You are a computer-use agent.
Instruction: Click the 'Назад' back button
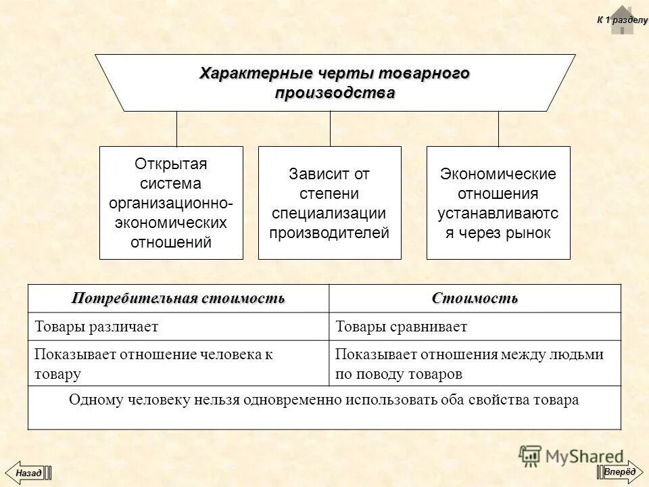point(28,471)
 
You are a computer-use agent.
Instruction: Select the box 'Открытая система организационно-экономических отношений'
point(171,203)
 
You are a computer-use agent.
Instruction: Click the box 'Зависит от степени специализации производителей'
point(329,203)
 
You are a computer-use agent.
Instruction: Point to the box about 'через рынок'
point(498,203)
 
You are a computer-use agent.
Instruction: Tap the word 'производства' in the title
point(335,93)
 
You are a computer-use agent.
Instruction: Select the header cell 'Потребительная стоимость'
point(178,298)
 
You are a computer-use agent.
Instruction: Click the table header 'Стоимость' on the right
point(475,298)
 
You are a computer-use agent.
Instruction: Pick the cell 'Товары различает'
point(178,327)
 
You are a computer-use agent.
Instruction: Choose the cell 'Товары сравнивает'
point(475,327)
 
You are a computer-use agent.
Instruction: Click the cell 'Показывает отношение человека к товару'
point(178,363)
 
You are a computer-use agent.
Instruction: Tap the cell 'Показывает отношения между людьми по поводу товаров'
point(475,363)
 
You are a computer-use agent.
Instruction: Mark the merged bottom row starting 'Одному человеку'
point(324,400)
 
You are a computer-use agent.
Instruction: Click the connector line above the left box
point(176,129)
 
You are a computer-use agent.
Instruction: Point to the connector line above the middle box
point(330,129)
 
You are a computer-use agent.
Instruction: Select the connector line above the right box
point(498,129)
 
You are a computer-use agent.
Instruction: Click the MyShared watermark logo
point(571,456)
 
